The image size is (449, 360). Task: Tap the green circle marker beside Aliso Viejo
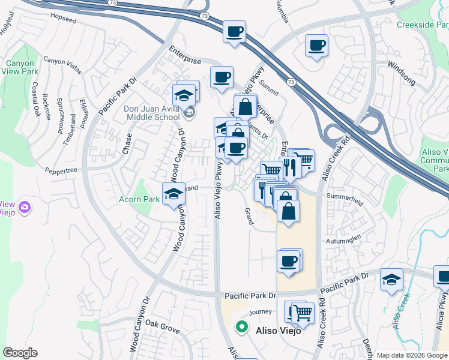coord(241,328)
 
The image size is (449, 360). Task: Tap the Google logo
coord(20,353)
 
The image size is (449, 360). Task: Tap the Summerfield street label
coord(345,196)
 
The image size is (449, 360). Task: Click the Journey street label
coord(261,311)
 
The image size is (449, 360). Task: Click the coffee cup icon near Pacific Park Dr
coord(289,260)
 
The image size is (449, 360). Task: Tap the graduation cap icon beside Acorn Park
coord(173,193)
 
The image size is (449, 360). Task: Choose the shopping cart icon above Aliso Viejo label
coord(303,312)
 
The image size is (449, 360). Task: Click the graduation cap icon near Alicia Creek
coord(391,279)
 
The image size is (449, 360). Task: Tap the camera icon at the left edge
coord(25,208)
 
